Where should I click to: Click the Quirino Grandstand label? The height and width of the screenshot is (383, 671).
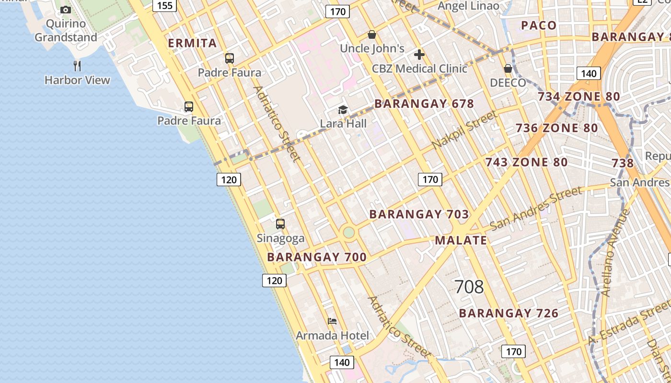tap(66, 30)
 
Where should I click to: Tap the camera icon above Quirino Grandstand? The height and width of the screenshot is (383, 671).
tap(66, 10)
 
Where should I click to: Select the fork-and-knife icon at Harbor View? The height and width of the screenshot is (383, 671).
tap(77, 66)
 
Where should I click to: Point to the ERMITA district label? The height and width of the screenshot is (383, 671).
tap(192, 43)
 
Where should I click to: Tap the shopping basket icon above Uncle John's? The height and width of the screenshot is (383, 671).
tap(371, 34)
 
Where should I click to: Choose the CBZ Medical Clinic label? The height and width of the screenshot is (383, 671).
tap(419, 68)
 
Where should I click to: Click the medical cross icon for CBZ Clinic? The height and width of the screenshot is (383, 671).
tap(419, 55)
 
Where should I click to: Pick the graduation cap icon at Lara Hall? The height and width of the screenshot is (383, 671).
tap(343, 110)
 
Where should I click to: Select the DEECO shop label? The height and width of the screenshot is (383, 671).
tap(508, 82)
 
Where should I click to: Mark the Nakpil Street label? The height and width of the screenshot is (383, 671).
tap(464, 129)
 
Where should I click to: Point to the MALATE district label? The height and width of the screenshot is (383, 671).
tap(461, 240)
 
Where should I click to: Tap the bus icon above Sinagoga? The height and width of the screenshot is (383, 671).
tap(280, 224)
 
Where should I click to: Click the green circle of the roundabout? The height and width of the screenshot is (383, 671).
tap(349, 233)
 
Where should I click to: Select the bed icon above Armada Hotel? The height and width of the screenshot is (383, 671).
tap(332, 321)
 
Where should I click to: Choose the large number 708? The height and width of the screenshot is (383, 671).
tap(469, 287)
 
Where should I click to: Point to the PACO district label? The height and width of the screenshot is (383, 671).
tap(539, 25)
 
